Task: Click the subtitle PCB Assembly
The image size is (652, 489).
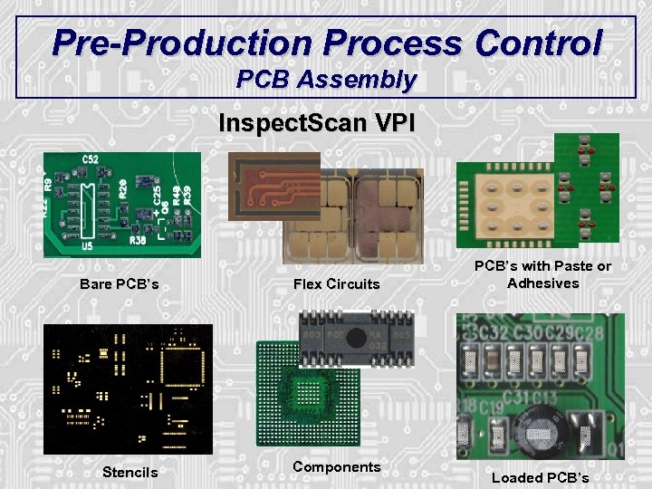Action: (326, 80)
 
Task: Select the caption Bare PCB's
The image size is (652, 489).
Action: (120, 284)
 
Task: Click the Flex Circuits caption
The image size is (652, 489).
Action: (337, 284)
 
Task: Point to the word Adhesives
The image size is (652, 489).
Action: (543, 283)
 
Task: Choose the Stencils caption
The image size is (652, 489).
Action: (129, 472)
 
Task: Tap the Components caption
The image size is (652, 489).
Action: (337, 467)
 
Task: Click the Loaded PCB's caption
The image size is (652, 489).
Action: (540, 477)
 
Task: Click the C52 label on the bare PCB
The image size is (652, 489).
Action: (91, 159)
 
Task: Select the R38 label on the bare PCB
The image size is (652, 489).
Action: (137, 242)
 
